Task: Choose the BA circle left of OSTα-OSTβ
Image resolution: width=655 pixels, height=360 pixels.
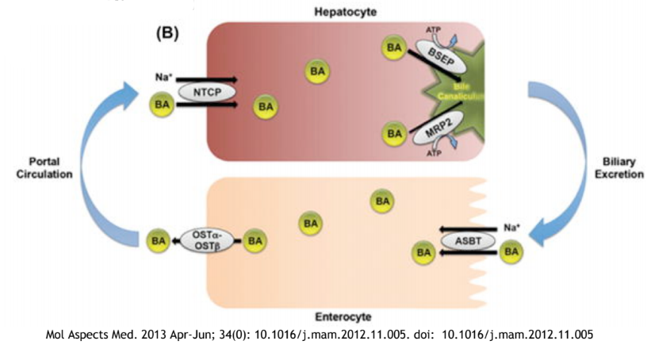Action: click(x=159, y=239)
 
